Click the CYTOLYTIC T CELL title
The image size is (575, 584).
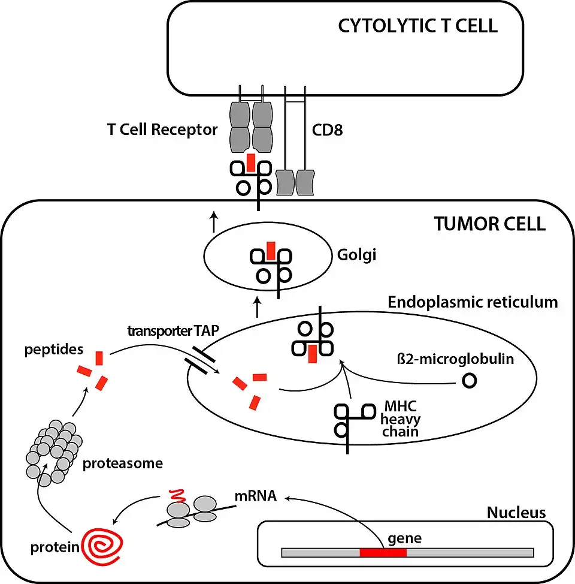point(417,26)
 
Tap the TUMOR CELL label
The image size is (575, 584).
point(489,224)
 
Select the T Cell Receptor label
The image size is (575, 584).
point(161,130)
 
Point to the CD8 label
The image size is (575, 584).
point(328,130)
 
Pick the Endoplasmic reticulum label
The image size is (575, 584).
point(473,302)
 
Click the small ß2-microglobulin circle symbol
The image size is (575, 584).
point(470,380)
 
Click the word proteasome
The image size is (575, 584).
point(123,463)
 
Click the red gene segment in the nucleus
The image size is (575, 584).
point(383,552)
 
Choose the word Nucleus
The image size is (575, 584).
point(516,513)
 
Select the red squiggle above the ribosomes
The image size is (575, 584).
point(175,496)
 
